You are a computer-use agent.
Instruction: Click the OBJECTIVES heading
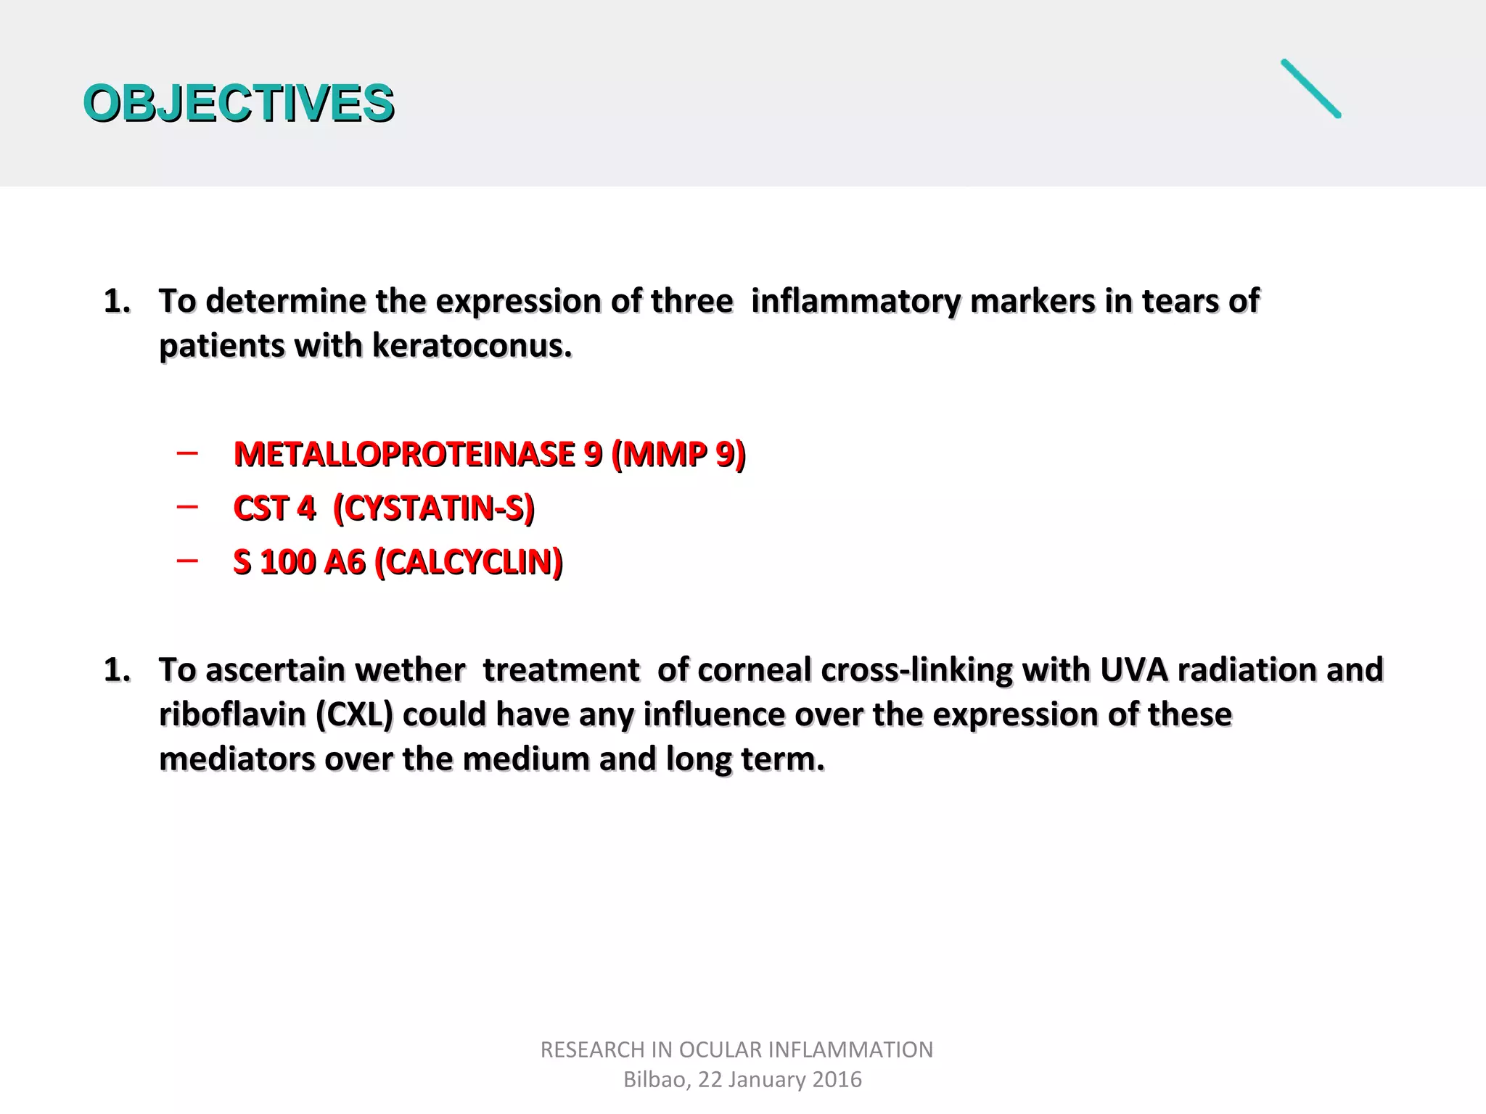point(238,102)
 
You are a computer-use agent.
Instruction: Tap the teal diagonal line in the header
point(1310,88)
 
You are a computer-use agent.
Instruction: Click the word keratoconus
point(472,346)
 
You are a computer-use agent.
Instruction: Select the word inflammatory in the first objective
point(855,301)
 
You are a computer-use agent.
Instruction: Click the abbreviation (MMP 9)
point(678,455)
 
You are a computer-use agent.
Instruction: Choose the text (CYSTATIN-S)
point(433,508)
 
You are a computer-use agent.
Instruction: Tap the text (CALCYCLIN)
point(468,562)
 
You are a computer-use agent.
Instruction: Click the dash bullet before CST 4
point(187,507)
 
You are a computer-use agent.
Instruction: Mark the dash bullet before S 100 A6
point(187,561)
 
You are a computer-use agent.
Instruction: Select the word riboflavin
point(232,714)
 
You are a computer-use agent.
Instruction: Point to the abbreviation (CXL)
point(354,714)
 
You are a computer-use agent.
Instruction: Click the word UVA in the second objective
point(1133,669)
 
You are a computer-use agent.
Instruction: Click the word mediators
point(237,759)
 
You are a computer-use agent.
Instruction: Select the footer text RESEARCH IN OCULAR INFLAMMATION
point(736,1049)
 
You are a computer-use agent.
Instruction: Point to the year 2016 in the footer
point(837,1079)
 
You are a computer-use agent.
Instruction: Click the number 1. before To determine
point(117,301)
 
